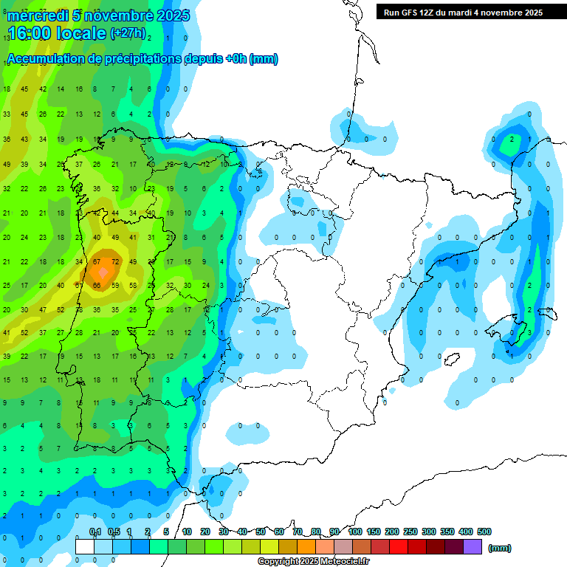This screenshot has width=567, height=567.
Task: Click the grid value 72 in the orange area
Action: tap(114, 262)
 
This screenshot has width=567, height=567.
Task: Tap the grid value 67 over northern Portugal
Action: tap(97, 262)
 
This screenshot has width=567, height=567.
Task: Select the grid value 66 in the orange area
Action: tap(97, 286)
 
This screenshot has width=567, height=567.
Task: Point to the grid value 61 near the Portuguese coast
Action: tap(78, 286)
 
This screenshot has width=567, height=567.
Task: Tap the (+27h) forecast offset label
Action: tap(128, 33)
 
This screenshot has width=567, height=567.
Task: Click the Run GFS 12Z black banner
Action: tap(463, 13)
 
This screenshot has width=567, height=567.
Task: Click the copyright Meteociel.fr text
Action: tap(313, 562)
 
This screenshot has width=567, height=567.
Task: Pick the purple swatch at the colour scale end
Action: tap(472, 546)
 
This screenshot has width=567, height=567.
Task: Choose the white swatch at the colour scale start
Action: tap(85, 546)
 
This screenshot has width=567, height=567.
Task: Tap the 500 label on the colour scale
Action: tap(484, 532)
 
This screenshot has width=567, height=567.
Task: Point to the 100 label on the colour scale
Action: tap(354, 532)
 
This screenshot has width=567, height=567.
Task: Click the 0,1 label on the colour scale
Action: tap(95, 532)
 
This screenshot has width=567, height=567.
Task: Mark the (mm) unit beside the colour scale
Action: tap(500, 548)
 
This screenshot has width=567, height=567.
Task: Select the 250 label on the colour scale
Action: tap(410, 532)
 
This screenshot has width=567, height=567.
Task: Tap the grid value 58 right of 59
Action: tap(133, 286)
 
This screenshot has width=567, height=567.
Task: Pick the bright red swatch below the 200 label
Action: tap(399, 546)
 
